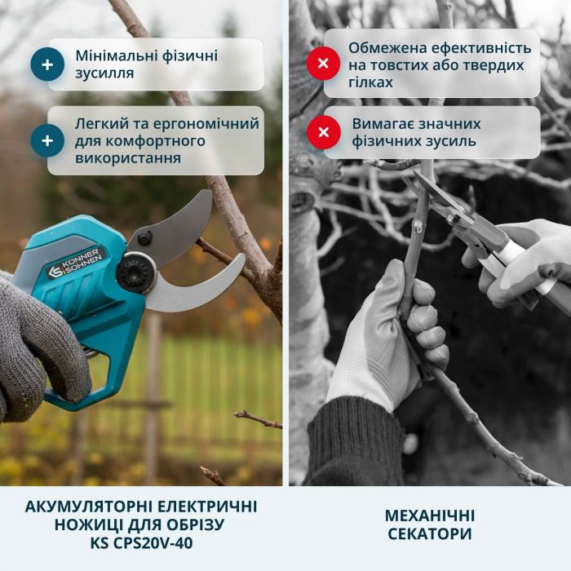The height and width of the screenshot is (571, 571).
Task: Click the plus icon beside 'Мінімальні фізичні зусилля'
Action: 47,64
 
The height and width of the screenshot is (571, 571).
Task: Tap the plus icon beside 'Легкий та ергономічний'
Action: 47,140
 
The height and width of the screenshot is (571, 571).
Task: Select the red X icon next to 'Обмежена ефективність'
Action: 323,64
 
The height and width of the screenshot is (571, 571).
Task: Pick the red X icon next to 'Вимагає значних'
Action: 323,132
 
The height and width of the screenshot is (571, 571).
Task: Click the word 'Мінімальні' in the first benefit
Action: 116,56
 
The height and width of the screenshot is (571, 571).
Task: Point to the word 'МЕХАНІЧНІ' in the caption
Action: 429,516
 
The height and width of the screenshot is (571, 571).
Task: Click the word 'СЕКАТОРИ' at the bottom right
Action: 429,534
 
